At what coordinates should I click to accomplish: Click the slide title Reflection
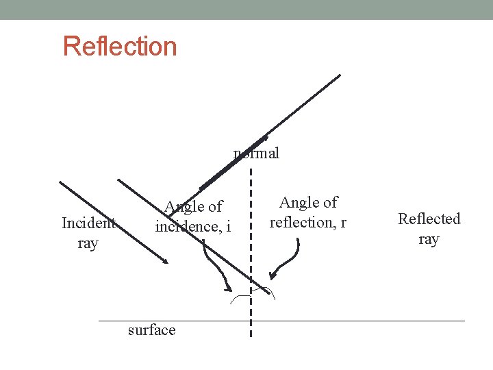coord(120,47)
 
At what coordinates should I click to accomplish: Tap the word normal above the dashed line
coord(257,153)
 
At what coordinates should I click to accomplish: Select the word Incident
coord(88,223)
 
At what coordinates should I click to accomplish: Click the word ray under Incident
coord(88,243)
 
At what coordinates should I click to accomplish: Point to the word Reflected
coord(429,219)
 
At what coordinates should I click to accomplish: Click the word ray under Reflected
coord(429,239)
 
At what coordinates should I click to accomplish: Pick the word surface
coord(151,330)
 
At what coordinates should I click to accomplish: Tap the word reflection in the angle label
coord(301,222)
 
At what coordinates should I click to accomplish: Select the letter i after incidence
coord(229,226)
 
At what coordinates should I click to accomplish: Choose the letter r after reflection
coord(343,222)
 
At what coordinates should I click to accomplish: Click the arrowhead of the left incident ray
coord(166,262)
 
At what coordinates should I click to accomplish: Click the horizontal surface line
coord(356,321)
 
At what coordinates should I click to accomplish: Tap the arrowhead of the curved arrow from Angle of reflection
coord(273,277)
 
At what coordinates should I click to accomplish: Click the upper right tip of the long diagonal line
coord(340,75)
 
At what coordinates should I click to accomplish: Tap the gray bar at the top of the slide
coord(246,10)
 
